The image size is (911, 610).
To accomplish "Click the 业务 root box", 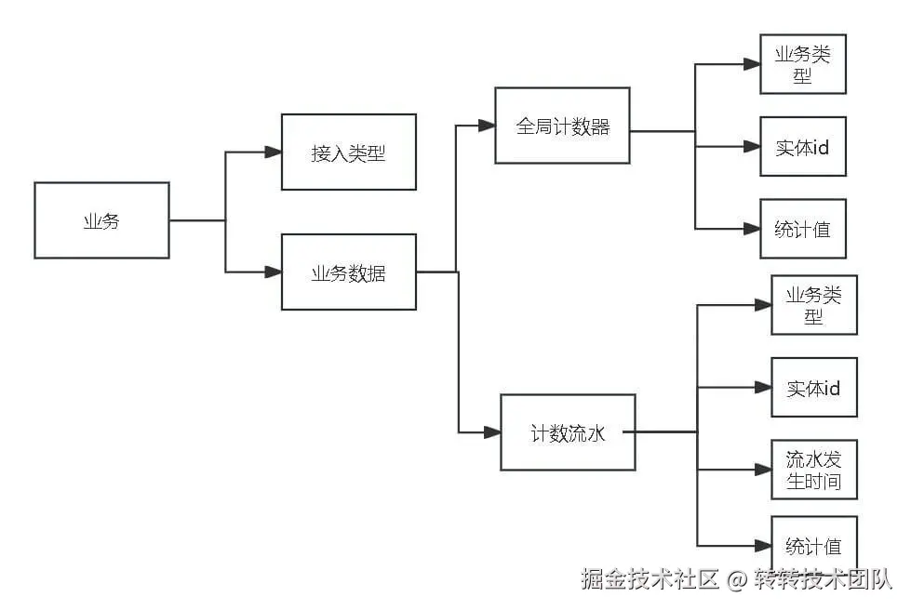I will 101,220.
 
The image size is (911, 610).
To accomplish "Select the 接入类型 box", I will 348,152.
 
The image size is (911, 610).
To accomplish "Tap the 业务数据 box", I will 348,272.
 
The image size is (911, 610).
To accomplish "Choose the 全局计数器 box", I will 562,126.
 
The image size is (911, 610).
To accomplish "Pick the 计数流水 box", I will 568,432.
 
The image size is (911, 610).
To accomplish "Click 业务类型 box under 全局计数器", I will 802,64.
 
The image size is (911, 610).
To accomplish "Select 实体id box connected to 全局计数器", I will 802,147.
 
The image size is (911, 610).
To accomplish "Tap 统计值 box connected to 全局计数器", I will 802,229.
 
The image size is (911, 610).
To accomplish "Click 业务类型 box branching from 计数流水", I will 813,305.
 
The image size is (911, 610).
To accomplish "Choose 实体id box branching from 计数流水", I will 813,388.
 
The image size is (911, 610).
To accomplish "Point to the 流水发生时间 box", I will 813,470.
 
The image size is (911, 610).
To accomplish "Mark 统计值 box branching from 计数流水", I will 813,545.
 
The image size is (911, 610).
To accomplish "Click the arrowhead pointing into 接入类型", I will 273,152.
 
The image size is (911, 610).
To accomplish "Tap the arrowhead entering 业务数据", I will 273,272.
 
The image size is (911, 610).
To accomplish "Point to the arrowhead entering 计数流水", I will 491,432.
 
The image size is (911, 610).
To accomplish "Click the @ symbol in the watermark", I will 737,580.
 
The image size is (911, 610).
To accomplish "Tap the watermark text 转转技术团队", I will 823,580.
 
